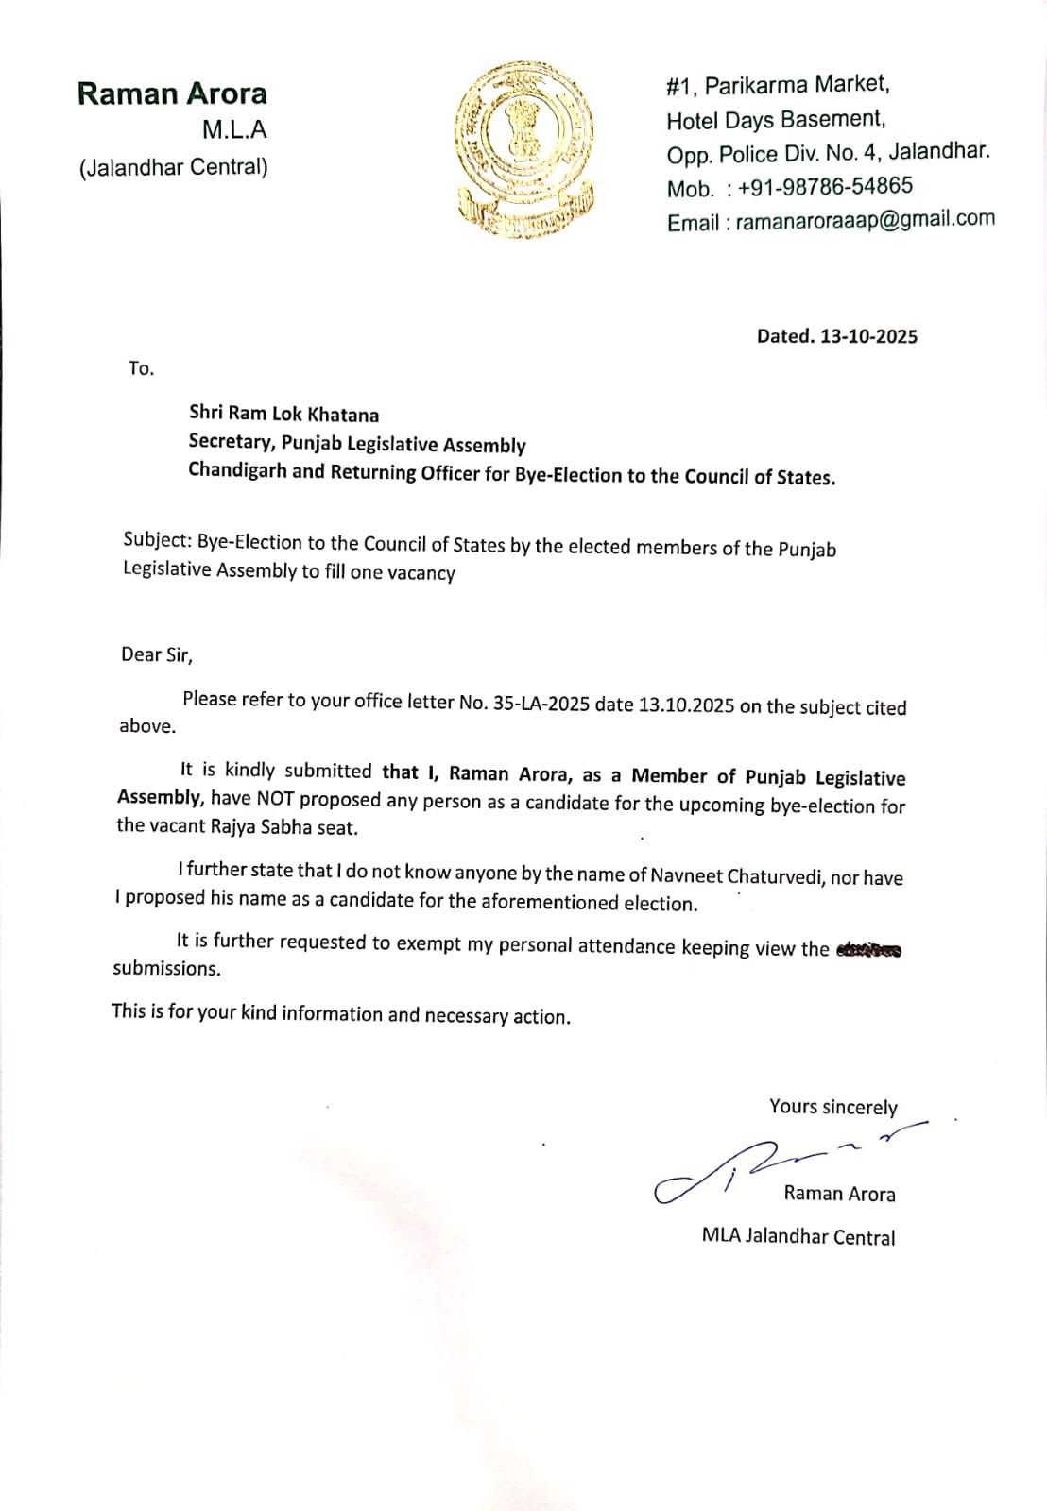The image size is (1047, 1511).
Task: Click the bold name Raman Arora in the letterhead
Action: pyautogui.click(x=172, y=93)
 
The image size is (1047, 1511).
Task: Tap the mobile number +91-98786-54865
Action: pyautogui.click(x=825, y=186)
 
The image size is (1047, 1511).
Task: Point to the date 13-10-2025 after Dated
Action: pyautogui.click(x=868, y=336)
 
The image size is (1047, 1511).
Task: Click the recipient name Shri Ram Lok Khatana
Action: pyautogui.click(x=283, y=414)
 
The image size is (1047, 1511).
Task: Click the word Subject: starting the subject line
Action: pyautogui.click(x=157, y=540)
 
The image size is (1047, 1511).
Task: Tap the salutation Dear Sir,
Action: pyautogui.click(x=156, y=654)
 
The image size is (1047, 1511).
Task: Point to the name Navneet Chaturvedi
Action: pyautogui.click(x=738, y=876)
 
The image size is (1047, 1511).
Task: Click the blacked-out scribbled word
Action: pyautogui.click(x=868, y=950)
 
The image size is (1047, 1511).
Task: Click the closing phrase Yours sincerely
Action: pyautogui.click(x=832, y=1106)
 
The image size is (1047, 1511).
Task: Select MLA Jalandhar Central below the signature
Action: pyautogui.click(x=798, y=1236)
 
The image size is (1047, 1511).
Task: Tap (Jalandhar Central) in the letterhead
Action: pyautogui.click(x=173, y=167)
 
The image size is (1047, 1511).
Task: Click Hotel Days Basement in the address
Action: pyautogui.click(x=775, y=120)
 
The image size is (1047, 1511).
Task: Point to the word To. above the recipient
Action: pyautogui.click(x=141, y=368)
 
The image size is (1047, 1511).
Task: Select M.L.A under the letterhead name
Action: pyautogui.click(x=234, y=130)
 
